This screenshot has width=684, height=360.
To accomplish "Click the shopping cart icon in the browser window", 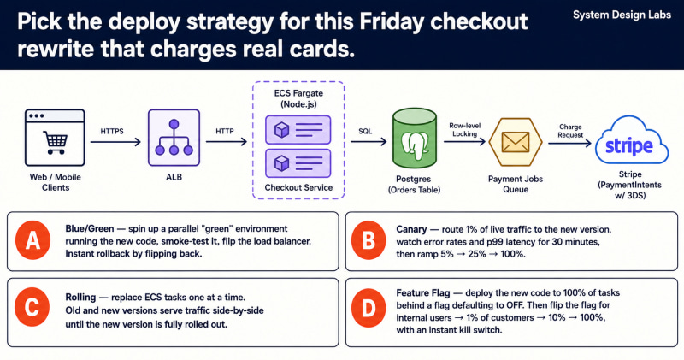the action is point(56,142).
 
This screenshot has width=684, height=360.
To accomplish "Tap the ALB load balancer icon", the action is point(174,138).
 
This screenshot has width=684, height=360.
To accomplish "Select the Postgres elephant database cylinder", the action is point(414,139).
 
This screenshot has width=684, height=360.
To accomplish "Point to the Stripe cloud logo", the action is point(631,140).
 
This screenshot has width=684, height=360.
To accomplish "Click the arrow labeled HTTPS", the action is point(115,142).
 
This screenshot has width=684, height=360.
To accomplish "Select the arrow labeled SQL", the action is point(369,141).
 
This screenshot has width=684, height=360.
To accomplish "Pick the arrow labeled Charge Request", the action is point(569,143).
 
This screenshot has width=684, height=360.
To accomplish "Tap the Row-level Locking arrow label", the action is point(464,130).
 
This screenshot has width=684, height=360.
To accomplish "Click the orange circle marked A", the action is point(32,240).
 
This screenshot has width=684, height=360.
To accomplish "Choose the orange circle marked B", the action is point(369,240).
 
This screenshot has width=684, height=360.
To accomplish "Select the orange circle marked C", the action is point(32,307).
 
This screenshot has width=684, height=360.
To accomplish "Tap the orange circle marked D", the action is point(369,309).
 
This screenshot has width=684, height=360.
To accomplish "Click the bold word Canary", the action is point(411,229).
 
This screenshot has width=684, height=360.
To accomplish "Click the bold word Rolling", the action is point(80,298).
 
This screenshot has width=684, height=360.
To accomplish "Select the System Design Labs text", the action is point(622,15).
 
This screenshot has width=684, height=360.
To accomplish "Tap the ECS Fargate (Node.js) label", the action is point(298,98).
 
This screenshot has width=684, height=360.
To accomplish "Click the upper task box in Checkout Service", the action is point(298,130).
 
